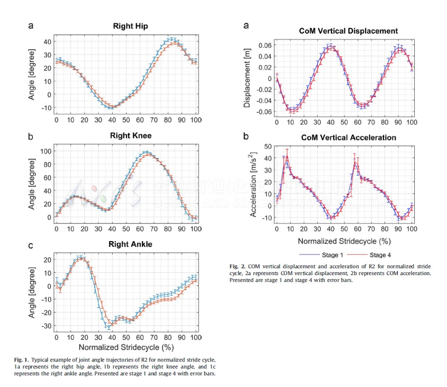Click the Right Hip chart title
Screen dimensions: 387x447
point(130,26)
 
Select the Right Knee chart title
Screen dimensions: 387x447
point(130,135)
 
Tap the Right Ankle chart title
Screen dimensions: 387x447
point(130,244)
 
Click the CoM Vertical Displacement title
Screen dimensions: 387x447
point(348,31)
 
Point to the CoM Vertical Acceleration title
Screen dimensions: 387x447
point(348,138)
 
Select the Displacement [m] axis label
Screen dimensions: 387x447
point(247,78)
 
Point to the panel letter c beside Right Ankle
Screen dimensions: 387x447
point(31,245)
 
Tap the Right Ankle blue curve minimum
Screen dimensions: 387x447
point(108,327)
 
